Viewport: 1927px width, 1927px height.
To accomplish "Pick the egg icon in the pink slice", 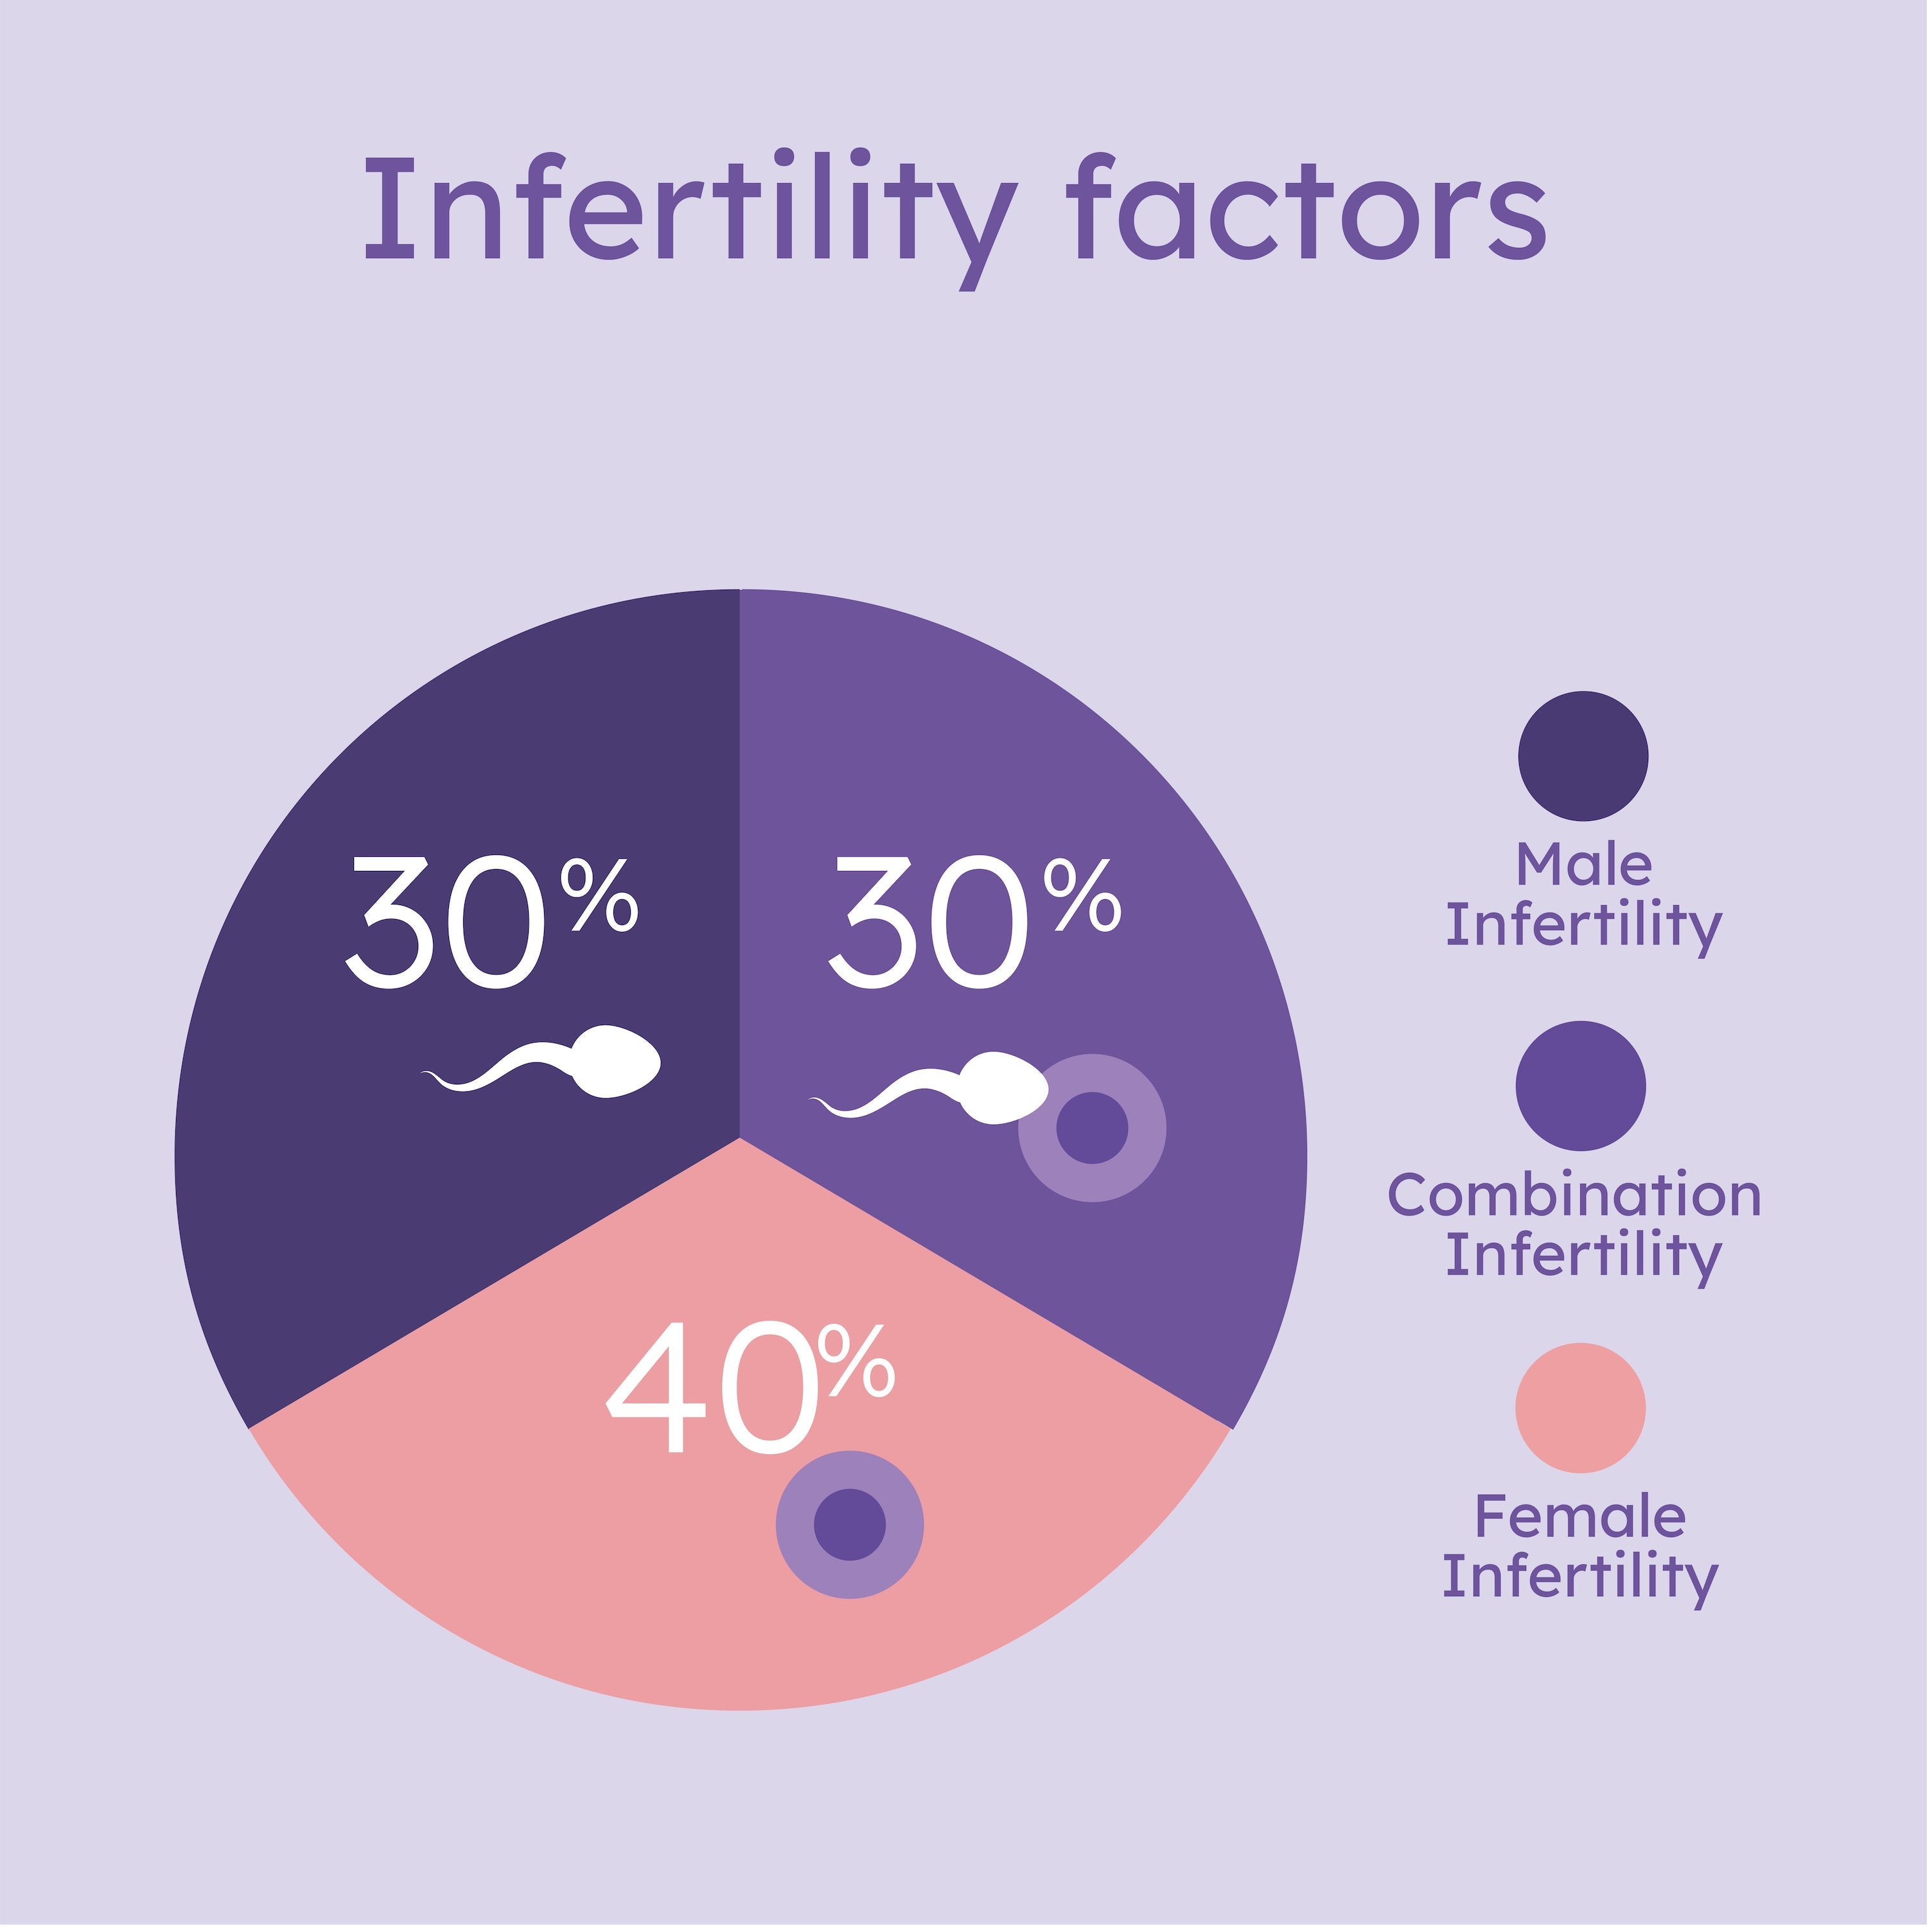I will tap(850, 1525).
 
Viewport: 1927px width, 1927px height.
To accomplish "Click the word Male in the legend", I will tap(1584, 864).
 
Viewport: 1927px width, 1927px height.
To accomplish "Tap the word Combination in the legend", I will tap(1574, 1195).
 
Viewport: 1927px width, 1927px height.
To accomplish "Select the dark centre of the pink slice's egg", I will tap(850, 1525).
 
